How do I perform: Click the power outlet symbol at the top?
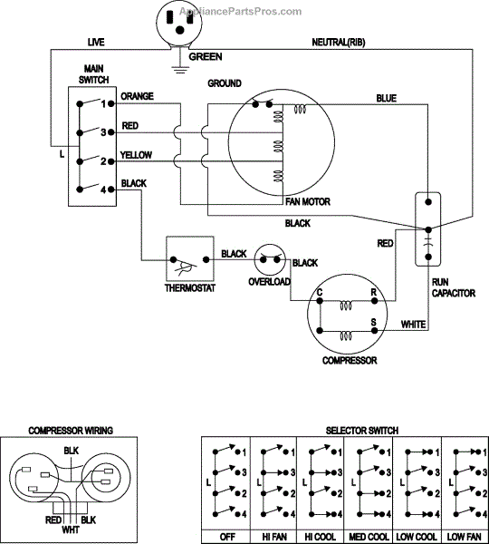[x=178, y=24]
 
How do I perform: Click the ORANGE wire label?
[x=137, y=96]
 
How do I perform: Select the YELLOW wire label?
[x=136, y=155]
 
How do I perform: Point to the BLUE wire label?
[x=387, y=99]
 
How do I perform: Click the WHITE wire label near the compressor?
[x=413, y=325]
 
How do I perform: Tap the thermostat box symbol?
[x=190, y=258]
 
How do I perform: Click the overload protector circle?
[x=270, y=259]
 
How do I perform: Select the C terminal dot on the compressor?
[x=320, y=301]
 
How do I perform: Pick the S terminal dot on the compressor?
[x=374, y=331]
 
